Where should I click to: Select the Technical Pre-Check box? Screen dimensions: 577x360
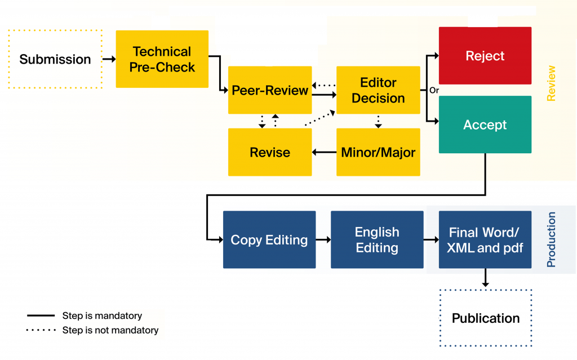[162, 59]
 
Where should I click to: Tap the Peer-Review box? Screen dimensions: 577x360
[270, 90]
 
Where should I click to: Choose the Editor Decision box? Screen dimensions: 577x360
[378, 90]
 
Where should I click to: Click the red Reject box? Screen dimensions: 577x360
[485, 56]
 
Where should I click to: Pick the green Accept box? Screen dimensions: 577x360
[485, 125]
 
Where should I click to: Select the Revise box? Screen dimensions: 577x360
[270, 152]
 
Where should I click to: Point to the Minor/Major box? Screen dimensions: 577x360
[378, 152]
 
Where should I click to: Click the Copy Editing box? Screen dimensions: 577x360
[269, 239]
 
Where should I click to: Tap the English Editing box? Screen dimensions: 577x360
[377, 239]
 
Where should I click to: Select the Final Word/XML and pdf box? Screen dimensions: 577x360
[485, 239]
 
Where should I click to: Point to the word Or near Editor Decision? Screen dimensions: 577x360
[434, 90]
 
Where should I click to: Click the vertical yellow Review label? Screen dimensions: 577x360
[551, 83]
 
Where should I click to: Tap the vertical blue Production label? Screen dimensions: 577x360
[551, 239]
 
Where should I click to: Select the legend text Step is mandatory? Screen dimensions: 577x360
[102, 316]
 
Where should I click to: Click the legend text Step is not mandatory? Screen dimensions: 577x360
[110, 330]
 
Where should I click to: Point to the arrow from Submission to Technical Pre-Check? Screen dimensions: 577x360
[109, 59]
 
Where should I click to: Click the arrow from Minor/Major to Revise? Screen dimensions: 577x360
[324, 152]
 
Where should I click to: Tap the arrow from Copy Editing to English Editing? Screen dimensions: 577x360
[323, 239]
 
